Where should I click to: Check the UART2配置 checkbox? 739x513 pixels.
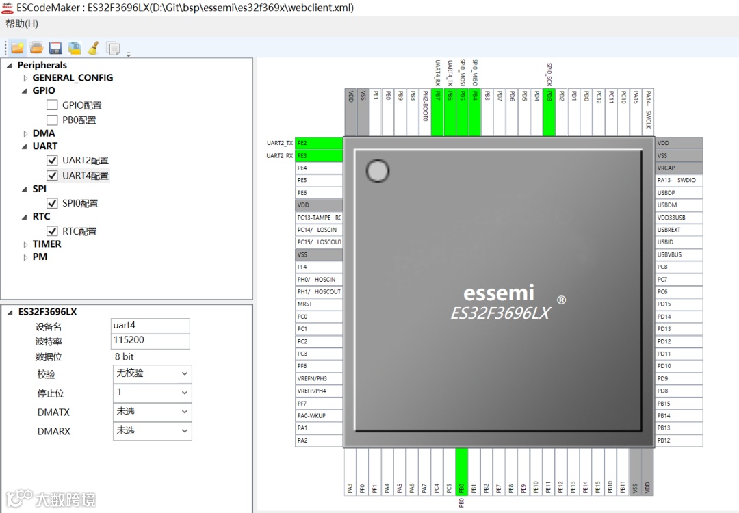(x=52, y=160)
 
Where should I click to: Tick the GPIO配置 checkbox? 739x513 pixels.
(x=52, y=105)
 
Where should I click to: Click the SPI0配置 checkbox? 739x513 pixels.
(x=52, y=203)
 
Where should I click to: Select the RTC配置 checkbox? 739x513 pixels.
(x=52, y=231)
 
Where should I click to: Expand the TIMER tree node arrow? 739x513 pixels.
(x=26, y=244)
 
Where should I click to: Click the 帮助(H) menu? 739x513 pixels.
(x=22, y=24)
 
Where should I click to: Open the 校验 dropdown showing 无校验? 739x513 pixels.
(x=152, y=374)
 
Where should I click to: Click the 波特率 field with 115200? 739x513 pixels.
(x=151, y=341)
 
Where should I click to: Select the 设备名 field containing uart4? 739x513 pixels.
(x=151, y=326)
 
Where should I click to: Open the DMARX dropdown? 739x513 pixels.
(x=152, y=431)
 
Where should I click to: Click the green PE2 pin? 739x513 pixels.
(x=319, y=143)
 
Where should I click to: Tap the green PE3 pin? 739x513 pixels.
(x=319, y=155)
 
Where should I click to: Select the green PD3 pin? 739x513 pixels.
(x=549, y=112)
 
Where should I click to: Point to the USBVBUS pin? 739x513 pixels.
(x=678, y=254)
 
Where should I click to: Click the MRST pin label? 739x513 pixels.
(x=319, y=304)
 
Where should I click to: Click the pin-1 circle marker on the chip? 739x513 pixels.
(x=378, y=171)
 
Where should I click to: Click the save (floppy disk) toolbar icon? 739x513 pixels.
(x=55, y=48)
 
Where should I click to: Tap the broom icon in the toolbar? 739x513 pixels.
(x=93, y=48)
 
